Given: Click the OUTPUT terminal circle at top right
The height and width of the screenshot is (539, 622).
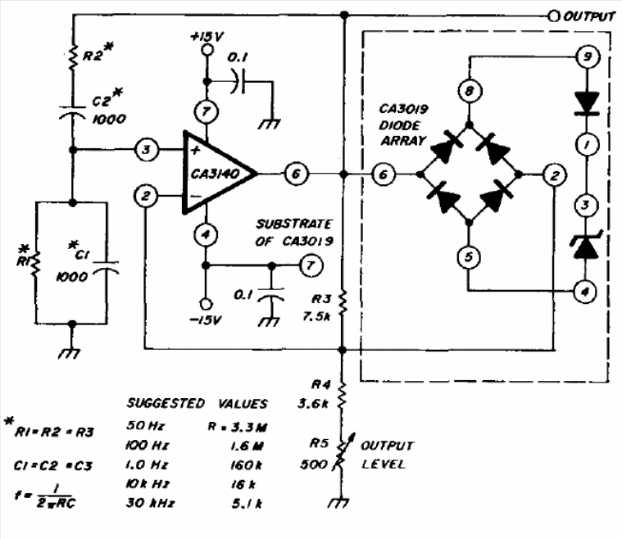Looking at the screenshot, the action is [553, 16].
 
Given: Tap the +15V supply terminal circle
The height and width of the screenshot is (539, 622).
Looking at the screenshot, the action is [207, 50].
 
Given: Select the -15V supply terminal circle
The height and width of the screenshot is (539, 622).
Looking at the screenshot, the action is [206, 304].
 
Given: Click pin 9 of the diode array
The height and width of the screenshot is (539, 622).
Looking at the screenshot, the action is [587, 57].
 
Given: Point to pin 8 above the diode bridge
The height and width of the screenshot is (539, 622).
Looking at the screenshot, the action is [470, 91].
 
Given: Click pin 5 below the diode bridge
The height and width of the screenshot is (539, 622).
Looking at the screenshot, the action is [469, 257].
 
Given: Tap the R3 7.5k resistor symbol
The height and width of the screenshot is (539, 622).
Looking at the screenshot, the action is [343, 304].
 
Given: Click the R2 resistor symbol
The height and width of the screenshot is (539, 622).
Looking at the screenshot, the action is [73, 57].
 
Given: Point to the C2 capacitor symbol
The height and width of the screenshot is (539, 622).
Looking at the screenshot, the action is [72, 112].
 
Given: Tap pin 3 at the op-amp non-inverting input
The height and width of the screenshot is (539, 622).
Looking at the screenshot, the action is [147, 150].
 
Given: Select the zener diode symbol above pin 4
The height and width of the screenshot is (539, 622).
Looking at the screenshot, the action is [585, 245].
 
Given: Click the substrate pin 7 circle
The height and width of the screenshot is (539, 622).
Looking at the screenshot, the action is [311, 265].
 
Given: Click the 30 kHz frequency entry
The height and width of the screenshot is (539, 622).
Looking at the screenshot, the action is [150, 503].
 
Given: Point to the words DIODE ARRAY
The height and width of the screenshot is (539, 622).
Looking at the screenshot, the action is [402, 133].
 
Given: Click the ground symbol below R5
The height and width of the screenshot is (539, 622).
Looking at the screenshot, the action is [339, 503].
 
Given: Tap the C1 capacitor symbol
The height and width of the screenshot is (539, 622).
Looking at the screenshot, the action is [106, 268].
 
